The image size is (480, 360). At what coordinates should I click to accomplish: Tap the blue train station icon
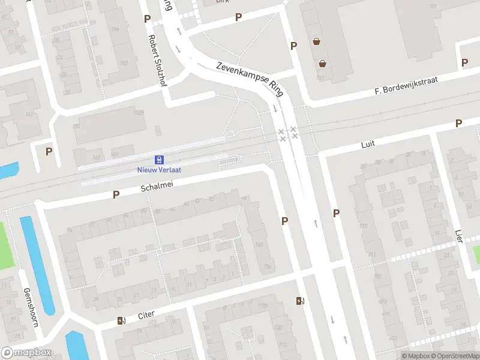[x=159, y=160]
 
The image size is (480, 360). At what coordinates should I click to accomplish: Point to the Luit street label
[x=368, y=145]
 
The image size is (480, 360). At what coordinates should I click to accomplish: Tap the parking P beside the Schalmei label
[x=116, y=194]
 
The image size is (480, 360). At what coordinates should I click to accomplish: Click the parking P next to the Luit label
[x=458, y=124]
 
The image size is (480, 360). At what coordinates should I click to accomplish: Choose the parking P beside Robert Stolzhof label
[x=148, y=19]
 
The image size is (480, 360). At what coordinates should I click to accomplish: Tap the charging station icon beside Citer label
[x=122, y=320]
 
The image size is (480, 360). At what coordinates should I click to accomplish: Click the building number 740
[x=259, y=245]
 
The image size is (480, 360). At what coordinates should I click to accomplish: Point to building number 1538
[x=138, y=112]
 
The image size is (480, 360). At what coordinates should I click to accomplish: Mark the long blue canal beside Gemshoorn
[x=37, y=264]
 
